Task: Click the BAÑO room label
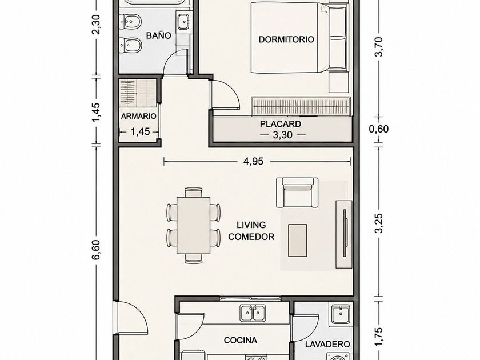pos(158,35)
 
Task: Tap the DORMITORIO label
pos(286,39)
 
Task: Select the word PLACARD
pos(281,124)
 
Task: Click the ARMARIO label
pos(139,117)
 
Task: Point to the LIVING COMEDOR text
pos(251,231)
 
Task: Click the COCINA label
pos(241,340)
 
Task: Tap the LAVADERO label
pos(327,344)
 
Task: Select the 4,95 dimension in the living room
pos(253,161)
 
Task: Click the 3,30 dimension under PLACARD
pos(282,135)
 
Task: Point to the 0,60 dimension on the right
pos(379,129)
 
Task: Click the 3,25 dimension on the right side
pos(379,223)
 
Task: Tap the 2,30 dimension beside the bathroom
pos(96,25)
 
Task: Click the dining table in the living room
pos(194,225)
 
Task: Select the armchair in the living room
pos(297,193)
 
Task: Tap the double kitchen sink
pos(253,313)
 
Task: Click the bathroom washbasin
pos(183,22)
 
